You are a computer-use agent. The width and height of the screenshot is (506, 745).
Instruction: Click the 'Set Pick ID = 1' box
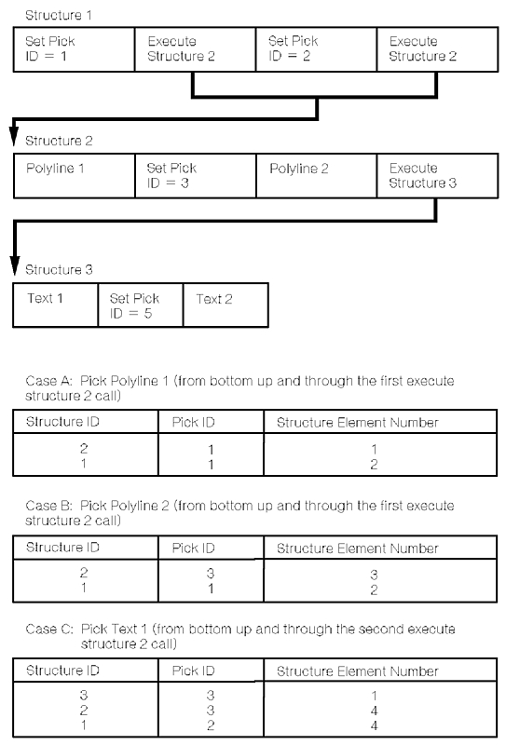(x=75, y=49)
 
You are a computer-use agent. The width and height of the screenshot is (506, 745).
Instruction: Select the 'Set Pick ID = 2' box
(x=316, y=49)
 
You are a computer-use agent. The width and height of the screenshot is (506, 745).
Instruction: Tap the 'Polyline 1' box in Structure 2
(x=75, y=175)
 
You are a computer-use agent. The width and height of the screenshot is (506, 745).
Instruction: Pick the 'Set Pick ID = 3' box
(x=196, y=175)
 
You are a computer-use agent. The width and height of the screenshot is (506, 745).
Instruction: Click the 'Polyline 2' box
(x=316, y=175)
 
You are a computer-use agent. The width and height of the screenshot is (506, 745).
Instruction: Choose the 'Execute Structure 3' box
(x=438, y=175)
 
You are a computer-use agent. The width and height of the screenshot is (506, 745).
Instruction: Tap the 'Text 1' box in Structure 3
(x=56, y=305)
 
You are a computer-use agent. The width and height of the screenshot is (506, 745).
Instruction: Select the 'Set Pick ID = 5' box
(x=141, y=305)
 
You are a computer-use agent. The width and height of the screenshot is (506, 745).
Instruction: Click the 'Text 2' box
(x=226, y=305)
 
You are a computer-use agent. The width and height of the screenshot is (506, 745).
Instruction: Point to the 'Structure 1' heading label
(x=59, y=15)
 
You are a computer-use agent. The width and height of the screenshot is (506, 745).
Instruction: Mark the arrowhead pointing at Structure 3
(x=15, y=265)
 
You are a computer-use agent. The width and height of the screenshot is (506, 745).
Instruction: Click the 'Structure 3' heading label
(x=59, y=270)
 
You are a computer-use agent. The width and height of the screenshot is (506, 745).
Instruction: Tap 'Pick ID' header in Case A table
(x=193, y=422)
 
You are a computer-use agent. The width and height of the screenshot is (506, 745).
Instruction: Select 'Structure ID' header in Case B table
(x=62, y=548)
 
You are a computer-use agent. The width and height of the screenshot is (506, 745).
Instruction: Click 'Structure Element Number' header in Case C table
(x=357, y=670)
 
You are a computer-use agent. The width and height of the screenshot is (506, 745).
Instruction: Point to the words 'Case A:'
(x=49, y=381)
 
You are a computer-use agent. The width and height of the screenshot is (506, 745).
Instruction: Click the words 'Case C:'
(x=49, y=630)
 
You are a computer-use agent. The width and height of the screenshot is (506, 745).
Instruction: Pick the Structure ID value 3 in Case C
(x=84, y=696)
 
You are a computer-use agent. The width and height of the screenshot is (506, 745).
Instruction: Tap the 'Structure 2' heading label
(x=59, y=141)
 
